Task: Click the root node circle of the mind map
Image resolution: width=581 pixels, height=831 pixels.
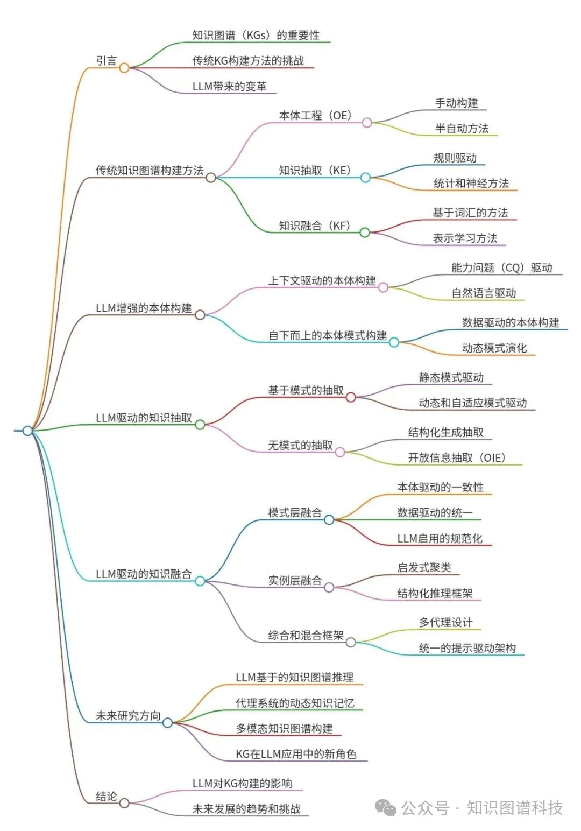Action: tap(27, 431)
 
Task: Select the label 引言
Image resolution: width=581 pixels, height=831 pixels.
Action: tap(106, 61)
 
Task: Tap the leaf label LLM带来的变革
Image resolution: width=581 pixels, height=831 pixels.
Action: tap(229, 87)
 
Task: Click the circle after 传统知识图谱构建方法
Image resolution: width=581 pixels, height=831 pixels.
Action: tap(211, 177)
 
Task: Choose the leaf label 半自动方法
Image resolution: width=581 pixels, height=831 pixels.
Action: tap(462, 129)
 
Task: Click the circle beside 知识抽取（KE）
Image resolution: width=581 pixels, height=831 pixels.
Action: tap(365, 177)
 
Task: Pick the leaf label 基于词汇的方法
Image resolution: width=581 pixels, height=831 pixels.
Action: tap(470, 213)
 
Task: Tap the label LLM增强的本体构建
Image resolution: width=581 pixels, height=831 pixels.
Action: tap(144, 308)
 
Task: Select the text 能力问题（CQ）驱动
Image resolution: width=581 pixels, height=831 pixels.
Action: tap(501, 268)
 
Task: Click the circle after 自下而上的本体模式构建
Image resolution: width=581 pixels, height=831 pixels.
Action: tap(394, 342)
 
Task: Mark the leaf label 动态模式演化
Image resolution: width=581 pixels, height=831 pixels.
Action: tap(494, 348)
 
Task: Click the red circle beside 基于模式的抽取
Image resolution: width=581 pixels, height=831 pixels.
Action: tap(351, 397)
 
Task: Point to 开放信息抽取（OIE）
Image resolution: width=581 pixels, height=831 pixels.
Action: tap(457, 458)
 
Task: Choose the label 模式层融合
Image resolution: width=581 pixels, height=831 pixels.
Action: tap(295, 513)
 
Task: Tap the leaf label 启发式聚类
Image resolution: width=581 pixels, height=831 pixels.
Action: tap(424, 568)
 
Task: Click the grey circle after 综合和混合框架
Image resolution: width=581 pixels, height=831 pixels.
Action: tap(351, 642)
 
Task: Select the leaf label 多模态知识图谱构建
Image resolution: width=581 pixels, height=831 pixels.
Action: tap(284, 729)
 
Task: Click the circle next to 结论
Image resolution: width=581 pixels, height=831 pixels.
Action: tap(124, 803)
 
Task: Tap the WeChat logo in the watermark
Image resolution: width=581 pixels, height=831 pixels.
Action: tap(386, 807)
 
